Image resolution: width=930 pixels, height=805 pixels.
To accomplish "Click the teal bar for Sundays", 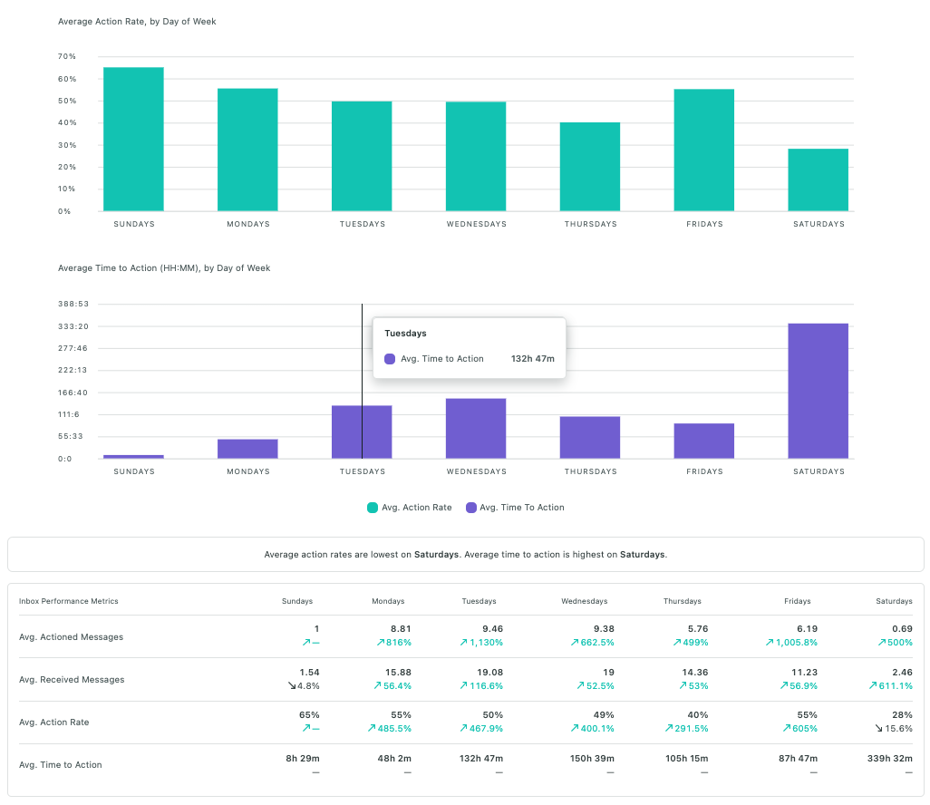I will click(x=133, y=140).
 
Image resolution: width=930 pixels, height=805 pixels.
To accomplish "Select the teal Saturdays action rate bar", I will click(x=818, y=180).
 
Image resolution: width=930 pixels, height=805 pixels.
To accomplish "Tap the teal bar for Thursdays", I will click(x=589, y=167).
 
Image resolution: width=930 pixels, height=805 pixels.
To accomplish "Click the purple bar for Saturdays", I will click(x=818, y=391).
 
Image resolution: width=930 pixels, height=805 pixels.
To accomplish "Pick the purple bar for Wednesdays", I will click(x=476, y=429).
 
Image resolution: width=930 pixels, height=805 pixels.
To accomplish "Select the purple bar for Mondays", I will click(x=247, y=449).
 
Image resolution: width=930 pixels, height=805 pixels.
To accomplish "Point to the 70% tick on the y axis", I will click(x=66, y=56).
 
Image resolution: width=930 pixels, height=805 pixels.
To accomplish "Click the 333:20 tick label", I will click(x=73, y=326).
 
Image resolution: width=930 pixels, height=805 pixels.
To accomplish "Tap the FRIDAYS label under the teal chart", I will click(x=704, y=224).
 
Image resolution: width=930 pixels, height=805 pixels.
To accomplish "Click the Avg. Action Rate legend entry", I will click(x=409, y=508).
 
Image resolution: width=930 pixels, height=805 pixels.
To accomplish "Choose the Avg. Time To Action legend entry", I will click(x=515, y=508).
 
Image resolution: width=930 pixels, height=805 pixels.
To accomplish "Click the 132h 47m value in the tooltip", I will click(x=532, y=359).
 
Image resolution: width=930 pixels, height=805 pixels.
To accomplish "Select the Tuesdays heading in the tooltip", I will click(x=405, y=334).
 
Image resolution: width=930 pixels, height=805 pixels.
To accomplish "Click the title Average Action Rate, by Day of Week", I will click(x=137, y=21).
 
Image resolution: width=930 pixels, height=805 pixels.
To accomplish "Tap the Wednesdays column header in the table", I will click(x=584, y=601).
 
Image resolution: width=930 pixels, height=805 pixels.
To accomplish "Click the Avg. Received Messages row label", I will click(x=72, y=680).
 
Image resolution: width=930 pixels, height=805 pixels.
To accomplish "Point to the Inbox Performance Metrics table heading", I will click(x=68, y=601).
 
